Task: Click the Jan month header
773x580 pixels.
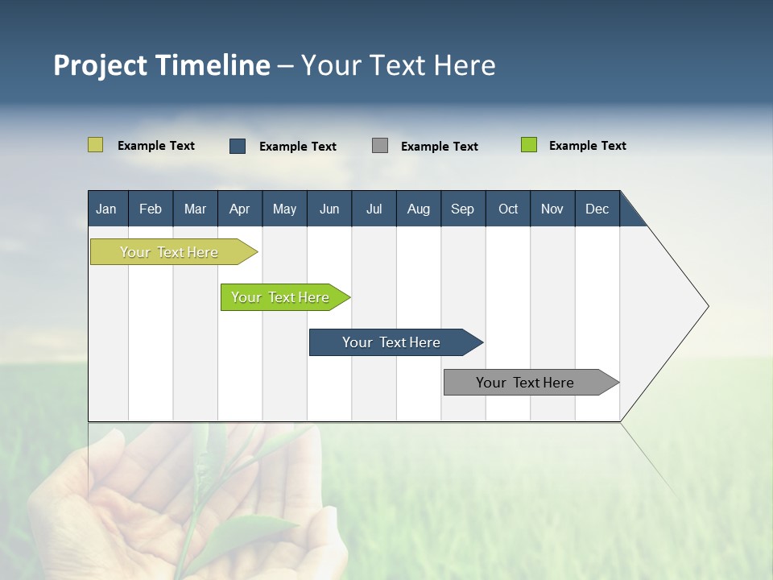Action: coord(107,209)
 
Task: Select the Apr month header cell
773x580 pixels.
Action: coord(239,209)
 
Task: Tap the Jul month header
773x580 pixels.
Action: coord(374,209)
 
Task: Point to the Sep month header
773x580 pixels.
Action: coord(462,209)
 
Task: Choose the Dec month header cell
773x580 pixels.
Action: coord(597,209)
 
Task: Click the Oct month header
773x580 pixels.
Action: coord(508,209)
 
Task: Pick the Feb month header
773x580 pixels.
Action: coord(151,209)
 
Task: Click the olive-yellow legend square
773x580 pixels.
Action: coord(95,145)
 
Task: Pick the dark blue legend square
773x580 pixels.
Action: coord(238,146)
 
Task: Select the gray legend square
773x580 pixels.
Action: coord(380,146)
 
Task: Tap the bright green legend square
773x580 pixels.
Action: coord(529,145)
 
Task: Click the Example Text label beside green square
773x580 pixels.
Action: coord(587,146)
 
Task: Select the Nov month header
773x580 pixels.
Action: coord(552,209)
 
